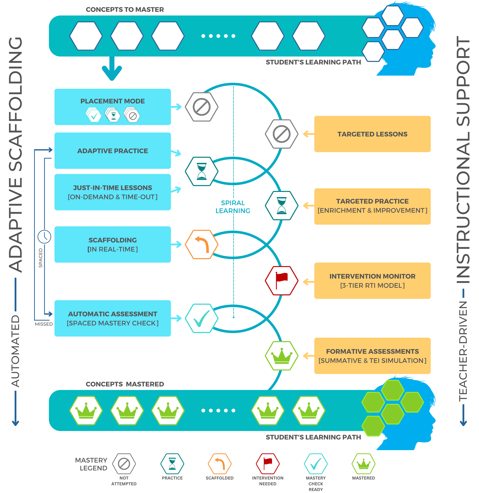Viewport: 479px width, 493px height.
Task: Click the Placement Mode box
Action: (112, 107)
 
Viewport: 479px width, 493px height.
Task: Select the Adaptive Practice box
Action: (112, 151)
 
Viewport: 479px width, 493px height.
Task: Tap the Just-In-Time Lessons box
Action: (112, 192)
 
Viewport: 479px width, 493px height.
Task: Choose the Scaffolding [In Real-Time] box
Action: (112, 244)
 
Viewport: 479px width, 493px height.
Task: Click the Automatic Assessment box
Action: (112, 318)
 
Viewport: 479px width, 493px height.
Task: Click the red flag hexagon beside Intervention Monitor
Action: (282, 280)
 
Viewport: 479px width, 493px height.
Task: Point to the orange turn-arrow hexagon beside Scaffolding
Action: (201, 244)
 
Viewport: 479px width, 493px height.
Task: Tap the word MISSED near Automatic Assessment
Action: (44, 324)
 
